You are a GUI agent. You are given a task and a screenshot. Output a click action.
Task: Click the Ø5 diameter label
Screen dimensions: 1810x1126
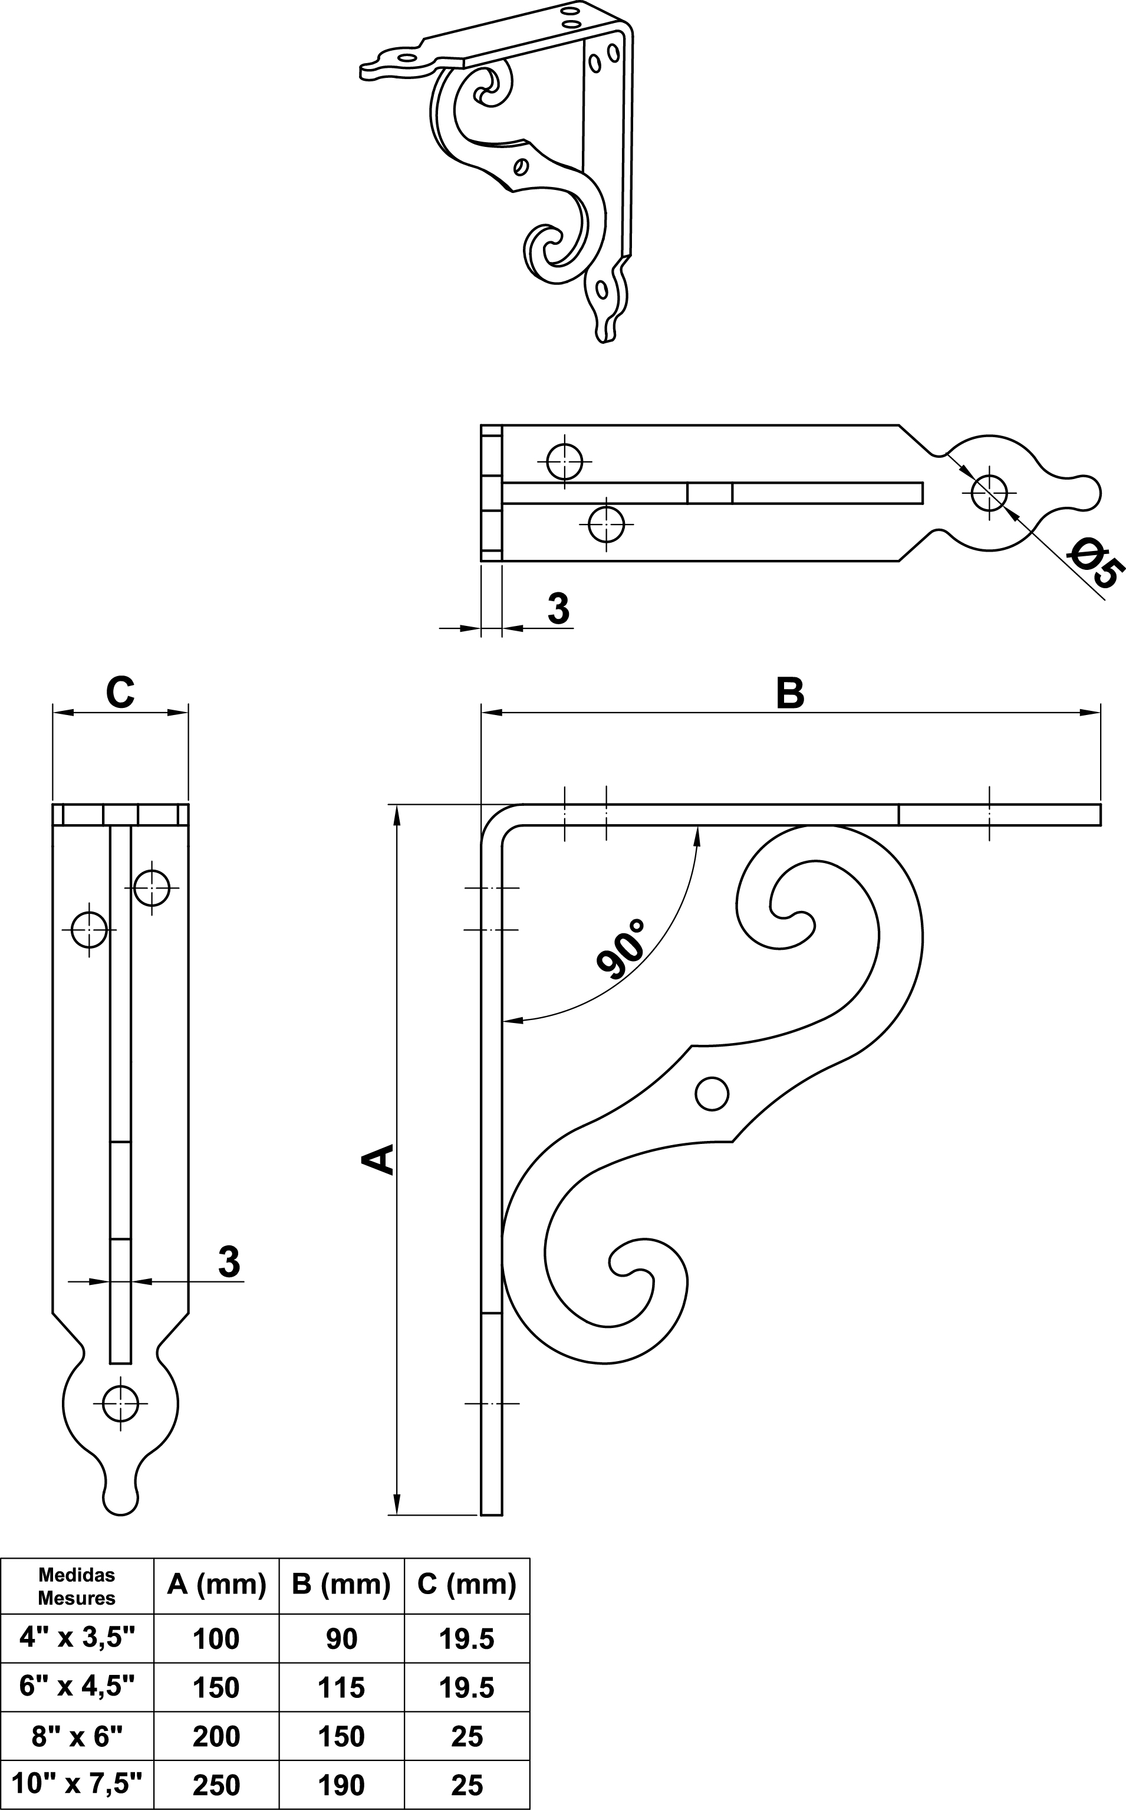tap(1095, 564)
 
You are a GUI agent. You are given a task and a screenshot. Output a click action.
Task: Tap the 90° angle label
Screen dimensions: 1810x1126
tap(621, 949)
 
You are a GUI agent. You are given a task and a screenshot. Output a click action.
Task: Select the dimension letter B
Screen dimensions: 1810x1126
tap(790, 693)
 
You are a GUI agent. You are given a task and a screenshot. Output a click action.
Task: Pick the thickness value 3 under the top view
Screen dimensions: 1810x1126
tap(558, 608)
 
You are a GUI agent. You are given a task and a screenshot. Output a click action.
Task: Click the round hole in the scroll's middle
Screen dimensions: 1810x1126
tap(711, 1094)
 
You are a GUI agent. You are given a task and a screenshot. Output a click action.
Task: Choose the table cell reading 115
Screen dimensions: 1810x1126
tap(341, 1687)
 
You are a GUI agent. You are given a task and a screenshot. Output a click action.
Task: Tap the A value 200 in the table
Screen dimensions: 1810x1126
tap(216, 1736)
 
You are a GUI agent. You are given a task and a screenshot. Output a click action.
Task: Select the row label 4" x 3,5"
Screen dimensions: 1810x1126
tap(77, 1637)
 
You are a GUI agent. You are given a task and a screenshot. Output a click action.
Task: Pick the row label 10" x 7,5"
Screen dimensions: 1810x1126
tap(77, 1784)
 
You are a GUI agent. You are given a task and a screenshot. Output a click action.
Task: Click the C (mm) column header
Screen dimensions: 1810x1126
tap(467, 1583)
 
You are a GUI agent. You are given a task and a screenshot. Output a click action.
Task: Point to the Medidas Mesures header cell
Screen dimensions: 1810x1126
tap(77, 1586)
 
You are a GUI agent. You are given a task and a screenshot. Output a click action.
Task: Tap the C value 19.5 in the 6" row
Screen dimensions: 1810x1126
tap(467, 1687)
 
